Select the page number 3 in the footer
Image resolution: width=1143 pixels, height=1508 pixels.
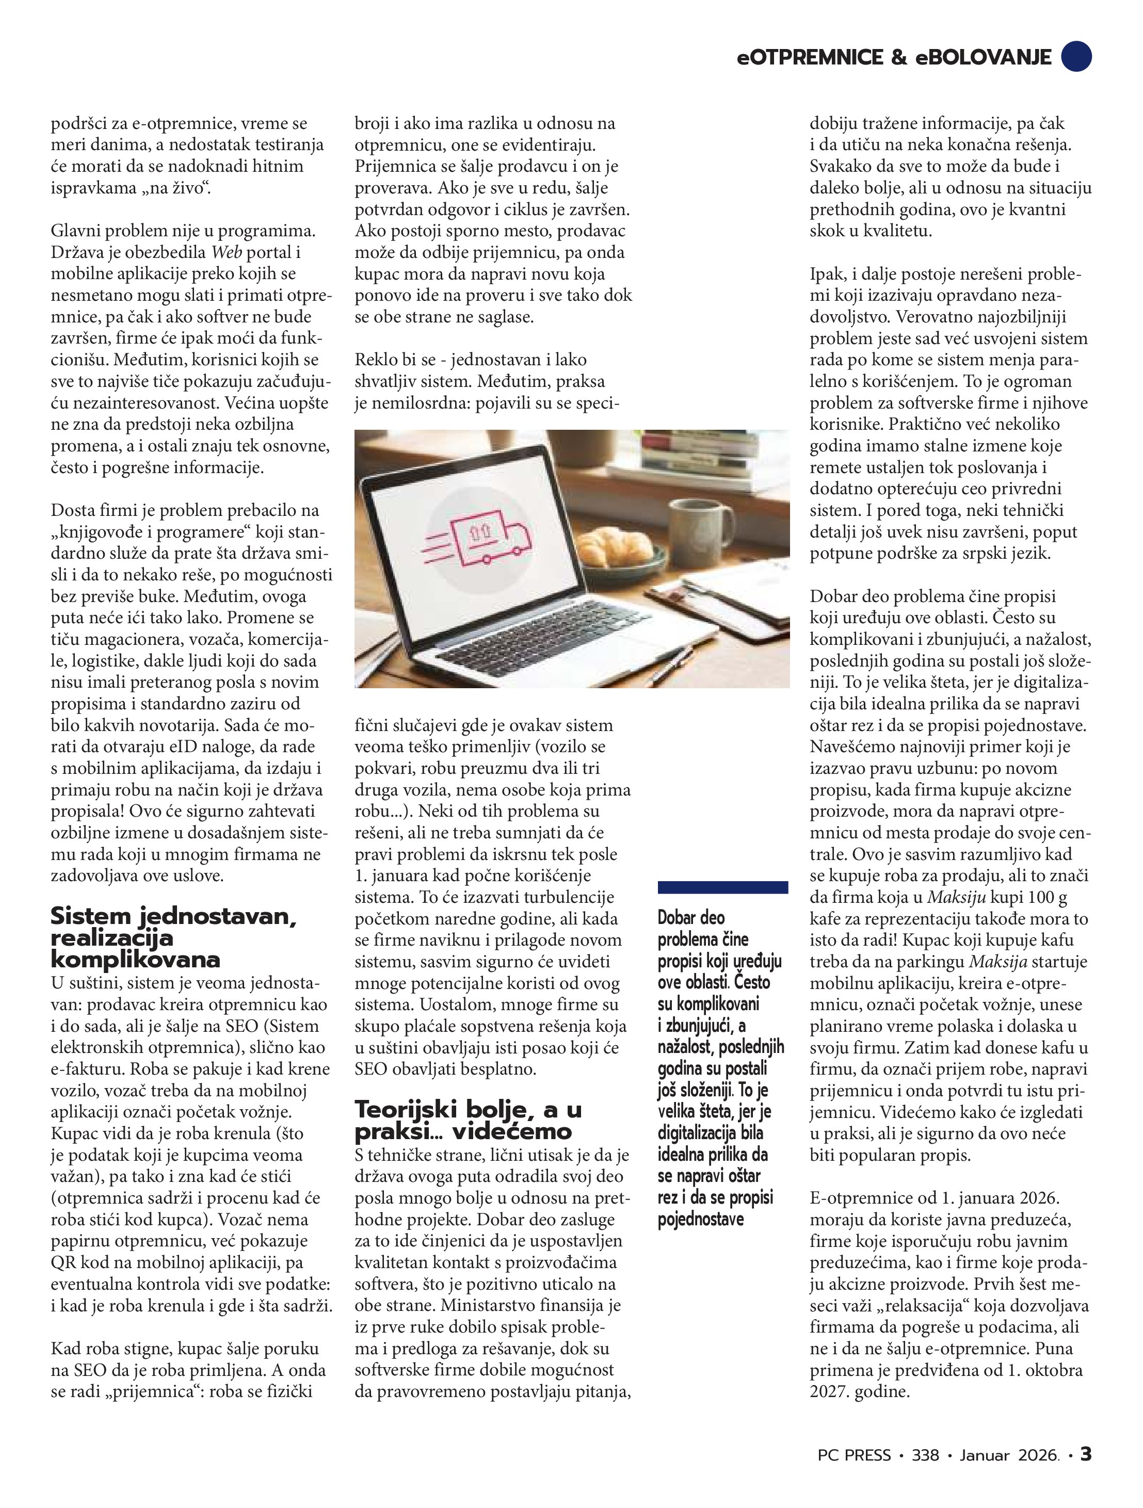1086,1454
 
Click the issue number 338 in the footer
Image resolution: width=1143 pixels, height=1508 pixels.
925,1455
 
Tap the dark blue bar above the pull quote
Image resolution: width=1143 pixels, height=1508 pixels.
722,887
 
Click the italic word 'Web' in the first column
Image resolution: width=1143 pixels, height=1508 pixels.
227,252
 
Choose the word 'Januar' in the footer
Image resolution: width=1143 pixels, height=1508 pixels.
984,1455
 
